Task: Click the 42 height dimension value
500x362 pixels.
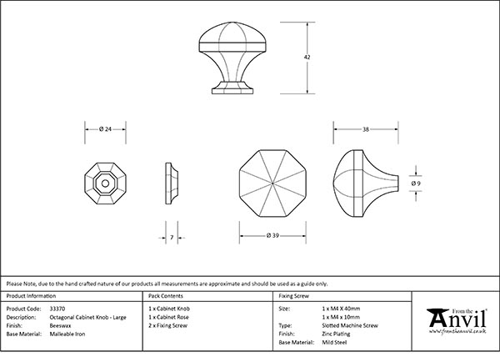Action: [x=307, y=58]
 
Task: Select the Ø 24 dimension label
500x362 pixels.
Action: [x=105, y=129]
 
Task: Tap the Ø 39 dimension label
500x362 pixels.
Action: [x=272, y=235]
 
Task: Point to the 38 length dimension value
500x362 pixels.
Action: [x=366, y=129]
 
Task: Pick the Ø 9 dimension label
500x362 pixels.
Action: [x=416, y=184]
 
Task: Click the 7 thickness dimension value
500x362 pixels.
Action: [x=172, y=238]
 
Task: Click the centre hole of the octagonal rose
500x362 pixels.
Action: [x=105, y=184]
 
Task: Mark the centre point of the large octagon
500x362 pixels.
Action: [x=272, y=184]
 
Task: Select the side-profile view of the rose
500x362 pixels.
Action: [x=172, y=184]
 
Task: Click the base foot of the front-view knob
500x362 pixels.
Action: [x=232, y=88]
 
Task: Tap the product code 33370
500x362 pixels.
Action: [x=57, y=309]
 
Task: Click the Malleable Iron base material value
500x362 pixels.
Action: [x=67, y=334]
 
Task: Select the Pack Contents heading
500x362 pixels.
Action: [x=166, y=296]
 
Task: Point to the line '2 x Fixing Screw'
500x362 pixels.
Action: [x=167, y=325]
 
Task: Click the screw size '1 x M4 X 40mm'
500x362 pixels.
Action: [x=341, y=309]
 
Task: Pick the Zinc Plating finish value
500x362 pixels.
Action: [x=336, y=334]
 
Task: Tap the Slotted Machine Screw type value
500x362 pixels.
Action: [x=350, y=325]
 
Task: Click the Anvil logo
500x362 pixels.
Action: [x=457, y=321]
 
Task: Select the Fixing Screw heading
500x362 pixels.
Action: [x=293, y=296]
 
